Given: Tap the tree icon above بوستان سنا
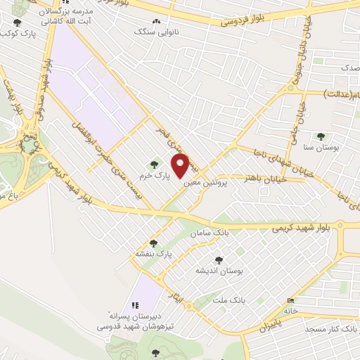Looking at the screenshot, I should click(x=321, y=136).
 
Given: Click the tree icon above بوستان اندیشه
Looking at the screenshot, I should click(x=218, y=260).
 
